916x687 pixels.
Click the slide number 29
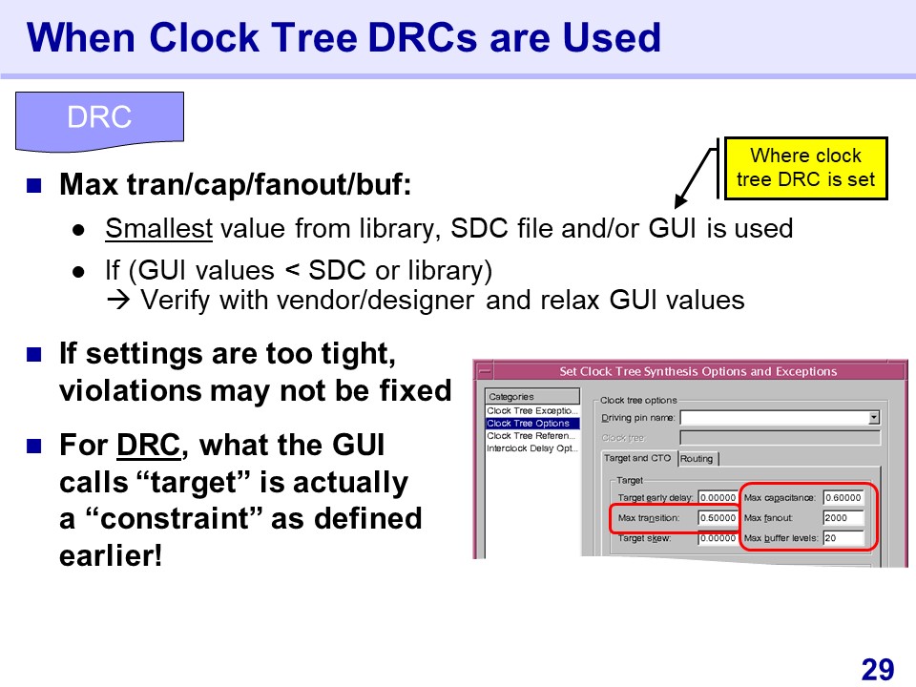pyautogui.click(x=878, y=669)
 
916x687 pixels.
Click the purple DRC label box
pyautogui.click(x=99, y=121)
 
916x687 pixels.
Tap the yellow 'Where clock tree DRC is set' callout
pyautogui.click(x=805, y=168)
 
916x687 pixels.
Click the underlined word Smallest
pyautogui.click(x=159, y=228)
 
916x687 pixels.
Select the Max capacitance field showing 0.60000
pyautogui.click(x=843, y=498)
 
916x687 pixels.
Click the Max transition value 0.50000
pyautogui.click(x=718, y=517)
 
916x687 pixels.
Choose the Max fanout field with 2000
pyautogui.click(x=843, y=517)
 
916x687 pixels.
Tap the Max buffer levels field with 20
pyautogui.click(x=843, y=538)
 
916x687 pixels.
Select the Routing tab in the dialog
pyautogui.click(x=697, y=459)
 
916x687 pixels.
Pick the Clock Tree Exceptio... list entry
pyautogui.click(x=532, y=410)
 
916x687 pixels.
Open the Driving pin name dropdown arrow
pyautogui.click(x=874, y=418)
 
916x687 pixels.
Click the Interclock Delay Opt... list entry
pyautogui.click(x=532, y=448)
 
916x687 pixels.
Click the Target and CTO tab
pyautogui.click(x=638, y=458)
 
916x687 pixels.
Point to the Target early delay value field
pyautogui.click(x=718, y=498)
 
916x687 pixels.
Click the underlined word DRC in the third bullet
pyautogui.click(x=149, y=446)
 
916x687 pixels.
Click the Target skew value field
pyautogui.click(x=718, y=538)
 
